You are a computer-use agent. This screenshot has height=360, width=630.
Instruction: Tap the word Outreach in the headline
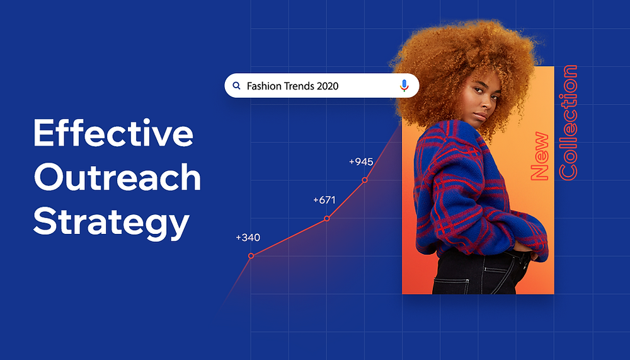117,178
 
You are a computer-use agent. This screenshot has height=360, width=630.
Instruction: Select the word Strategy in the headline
111,223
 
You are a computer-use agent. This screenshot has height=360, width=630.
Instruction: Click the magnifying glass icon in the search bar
236,86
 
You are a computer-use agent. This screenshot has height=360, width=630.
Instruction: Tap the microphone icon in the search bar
404,86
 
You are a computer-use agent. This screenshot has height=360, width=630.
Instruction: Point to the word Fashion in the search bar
264,86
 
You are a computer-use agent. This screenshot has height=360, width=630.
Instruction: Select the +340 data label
248,238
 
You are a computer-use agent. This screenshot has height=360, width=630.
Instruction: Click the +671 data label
324,200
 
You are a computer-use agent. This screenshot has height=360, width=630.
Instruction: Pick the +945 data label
361,162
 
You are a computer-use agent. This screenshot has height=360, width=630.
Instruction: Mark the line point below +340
251,256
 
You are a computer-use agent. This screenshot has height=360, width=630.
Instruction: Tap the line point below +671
327,219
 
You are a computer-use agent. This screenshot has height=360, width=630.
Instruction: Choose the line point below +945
364,181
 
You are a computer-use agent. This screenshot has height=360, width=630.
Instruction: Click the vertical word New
540,156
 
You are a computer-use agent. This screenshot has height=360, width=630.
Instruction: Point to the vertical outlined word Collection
568,122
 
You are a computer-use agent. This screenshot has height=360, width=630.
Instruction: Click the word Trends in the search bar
299,86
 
